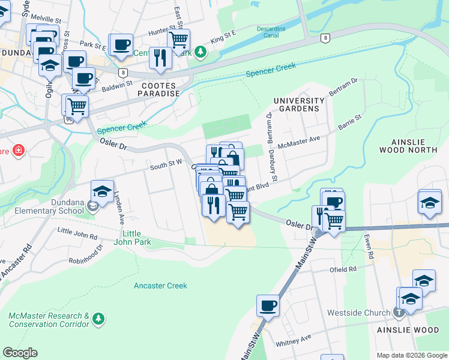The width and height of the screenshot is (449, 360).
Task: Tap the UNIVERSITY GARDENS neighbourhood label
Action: [x=299, y=104]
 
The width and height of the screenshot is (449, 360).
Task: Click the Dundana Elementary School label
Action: [x=47, y=207]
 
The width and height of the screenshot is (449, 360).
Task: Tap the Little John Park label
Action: [x=136, y=238]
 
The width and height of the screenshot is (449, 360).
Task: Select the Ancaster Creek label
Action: [x=161, y=286]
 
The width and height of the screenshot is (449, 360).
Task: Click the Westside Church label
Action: [x=358, y=313]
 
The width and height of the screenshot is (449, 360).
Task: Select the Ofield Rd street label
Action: [x=343, y=269]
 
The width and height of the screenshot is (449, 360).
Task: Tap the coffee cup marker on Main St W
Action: [x=267, y=305]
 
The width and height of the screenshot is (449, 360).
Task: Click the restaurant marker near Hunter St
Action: [x=160, y=58]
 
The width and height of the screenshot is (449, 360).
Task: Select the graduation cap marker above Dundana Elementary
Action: [x=103, y=192]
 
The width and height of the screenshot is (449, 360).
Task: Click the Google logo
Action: [x=20, y=353]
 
